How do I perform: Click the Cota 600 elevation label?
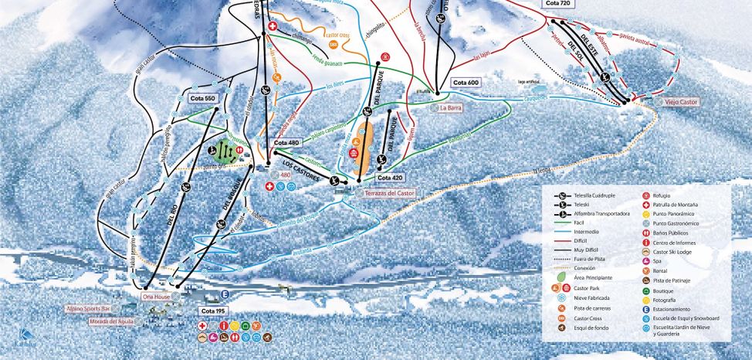[x=466, y=83]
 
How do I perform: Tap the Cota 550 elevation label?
[x=204, y=98]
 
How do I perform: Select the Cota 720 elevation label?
[x=557, y=4]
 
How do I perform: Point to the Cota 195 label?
[x=214, y=311]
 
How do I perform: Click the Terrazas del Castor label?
[x=390, y=193]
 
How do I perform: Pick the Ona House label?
[x=155, y=296]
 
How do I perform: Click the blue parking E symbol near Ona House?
[x=225, y=294]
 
